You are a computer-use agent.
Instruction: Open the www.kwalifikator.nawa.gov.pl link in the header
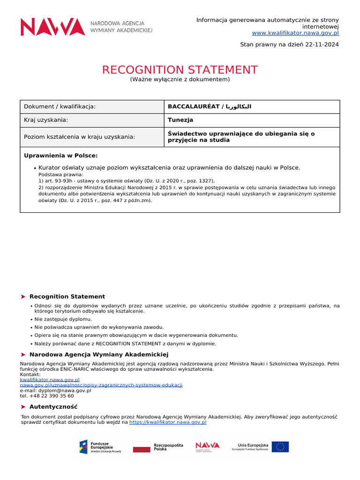[295, 33]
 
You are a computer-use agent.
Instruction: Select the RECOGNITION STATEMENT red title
[180, 70]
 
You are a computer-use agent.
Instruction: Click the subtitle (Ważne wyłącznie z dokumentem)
[180, 80]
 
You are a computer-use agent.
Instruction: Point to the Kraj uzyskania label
[46, 120]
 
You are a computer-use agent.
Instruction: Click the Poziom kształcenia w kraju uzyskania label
[79, 137]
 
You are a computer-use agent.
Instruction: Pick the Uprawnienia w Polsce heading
[60, 156]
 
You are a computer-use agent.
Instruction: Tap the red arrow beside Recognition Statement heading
[23, 297]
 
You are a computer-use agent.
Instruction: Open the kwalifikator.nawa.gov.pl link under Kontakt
[50, 380]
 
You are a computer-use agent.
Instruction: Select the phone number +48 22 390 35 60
[52, 396]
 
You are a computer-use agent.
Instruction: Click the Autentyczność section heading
[53, 407]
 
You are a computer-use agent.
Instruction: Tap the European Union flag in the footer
[280, 447]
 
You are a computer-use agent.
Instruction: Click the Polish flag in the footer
[142, 447]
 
